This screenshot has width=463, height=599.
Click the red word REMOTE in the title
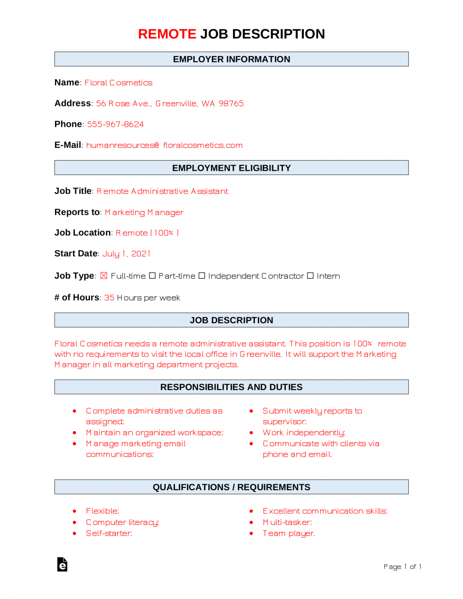click(x=167, y=34)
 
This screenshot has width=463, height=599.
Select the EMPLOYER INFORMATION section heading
click(x=231, y=59)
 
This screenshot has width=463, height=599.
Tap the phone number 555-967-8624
click(x=115, y=124)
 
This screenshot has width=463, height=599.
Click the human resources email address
click(x=164, y=145)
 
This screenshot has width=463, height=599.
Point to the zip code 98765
click(x=231, y=104)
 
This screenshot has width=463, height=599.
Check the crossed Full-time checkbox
click(x=104, y=276)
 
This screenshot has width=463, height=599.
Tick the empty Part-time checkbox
click(x=153, y=276)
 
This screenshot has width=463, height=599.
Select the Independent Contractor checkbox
click(x=202, y=276)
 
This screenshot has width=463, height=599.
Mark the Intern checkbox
click(x=310, y=276)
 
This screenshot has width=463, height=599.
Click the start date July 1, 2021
click(x=126, y=254)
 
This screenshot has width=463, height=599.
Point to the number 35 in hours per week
click(x=109, y=298)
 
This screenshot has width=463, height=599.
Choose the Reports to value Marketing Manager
click(x=144, y=213)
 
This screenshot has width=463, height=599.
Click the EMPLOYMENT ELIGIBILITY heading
click(x=231, y=168)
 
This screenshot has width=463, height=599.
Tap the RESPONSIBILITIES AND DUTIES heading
click(x=231, y=387)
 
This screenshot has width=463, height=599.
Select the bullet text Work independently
click(x=304, y=433)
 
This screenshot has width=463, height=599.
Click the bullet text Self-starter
click(x=109, y=533)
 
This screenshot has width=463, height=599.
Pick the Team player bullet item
click(x=289, y=533)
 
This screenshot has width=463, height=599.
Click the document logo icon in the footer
click(x=62, y=564)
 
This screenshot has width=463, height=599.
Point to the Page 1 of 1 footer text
click(x=402, y=567)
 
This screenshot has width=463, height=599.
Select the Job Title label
click(x=73, y=191)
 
